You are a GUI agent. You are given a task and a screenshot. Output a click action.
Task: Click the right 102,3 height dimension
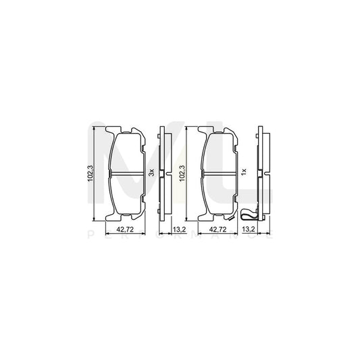tap(182, 172)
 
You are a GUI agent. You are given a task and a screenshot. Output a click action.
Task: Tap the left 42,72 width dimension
tap(124, 230)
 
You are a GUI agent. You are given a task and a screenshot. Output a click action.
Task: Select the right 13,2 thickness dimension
tap(248, 230)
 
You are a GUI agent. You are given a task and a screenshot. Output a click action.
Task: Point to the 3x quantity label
tap(152, 172)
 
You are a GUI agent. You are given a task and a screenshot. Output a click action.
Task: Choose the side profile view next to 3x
tap(162, 172)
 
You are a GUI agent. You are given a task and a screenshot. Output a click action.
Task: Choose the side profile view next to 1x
tap(261, 172)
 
